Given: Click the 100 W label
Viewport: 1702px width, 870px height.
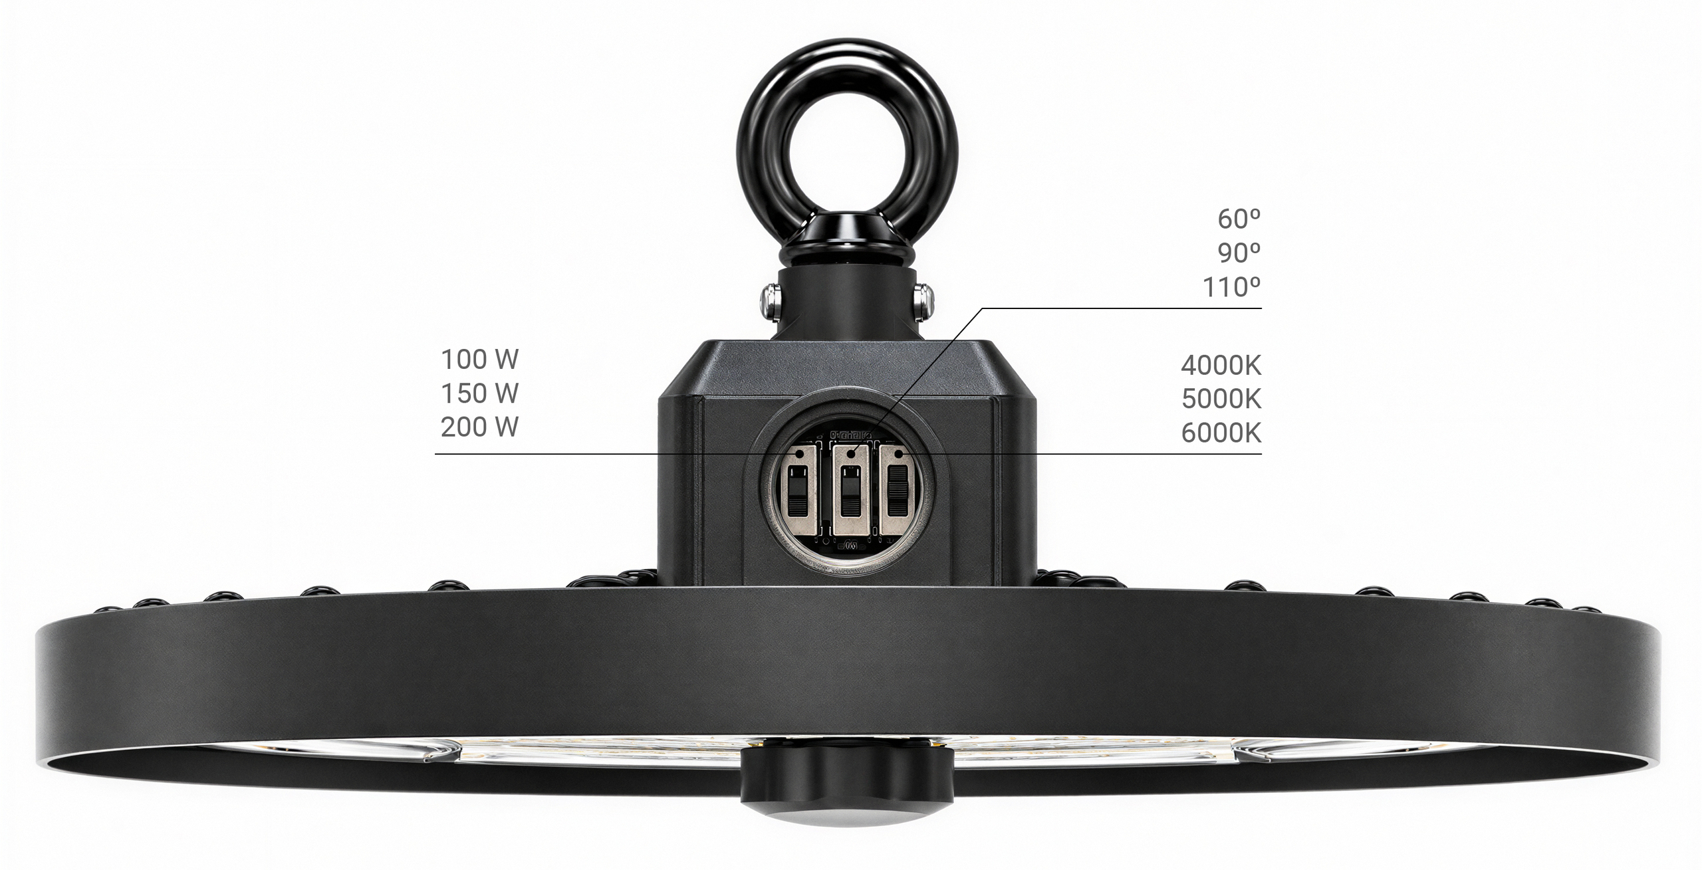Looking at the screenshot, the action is point(479,360).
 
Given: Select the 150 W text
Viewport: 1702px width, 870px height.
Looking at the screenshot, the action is point(479,393).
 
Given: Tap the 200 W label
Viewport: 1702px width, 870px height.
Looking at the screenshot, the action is point(479,427).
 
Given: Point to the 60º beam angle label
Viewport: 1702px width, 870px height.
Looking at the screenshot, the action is point(1239,219).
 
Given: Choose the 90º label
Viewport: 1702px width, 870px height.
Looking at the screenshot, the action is point(1239,253).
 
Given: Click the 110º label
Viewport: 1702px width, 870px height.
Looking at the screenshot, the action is point(1232,287).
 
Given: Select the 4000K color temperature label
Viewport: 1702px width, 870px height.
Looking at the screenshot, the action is point(1221,365).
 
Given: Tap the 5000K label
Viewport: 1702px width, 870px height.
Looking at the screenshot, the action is point(1221,399).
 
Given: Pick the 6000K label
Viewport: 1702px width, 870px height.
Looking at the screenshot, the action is point(1221,433).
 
